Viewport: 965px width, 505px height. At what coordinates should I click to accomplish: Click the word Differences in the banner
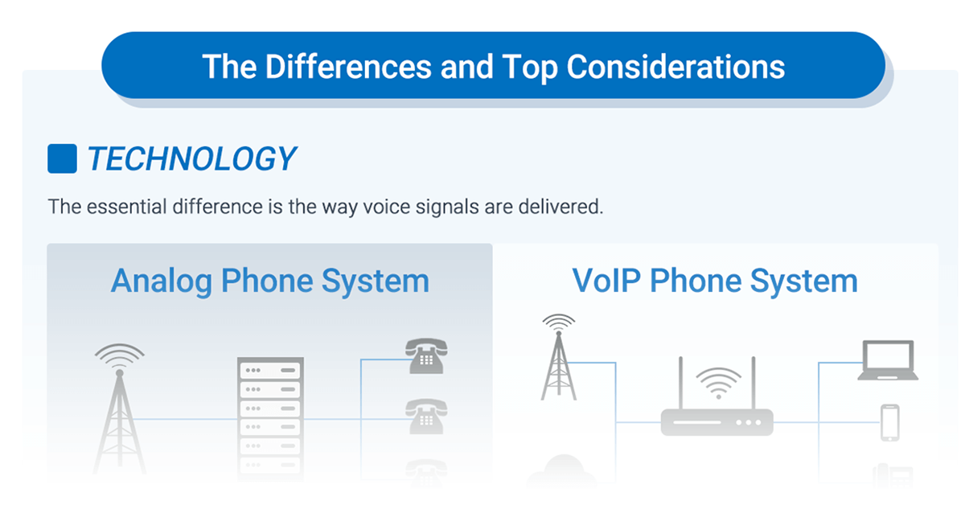tap(348, 67)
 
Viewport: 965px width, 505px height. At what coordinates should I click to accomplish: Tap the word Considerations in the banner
tap(675, 67)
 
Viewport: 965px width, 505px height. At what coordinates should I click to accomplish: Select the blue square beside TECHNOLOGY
tap(62, 158)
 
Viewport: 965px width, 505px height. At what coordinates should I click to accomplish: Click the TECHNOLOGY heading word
tap(192, 158)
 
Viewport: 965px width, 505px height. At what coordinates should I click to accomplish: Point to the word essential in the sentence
tap(126, 207)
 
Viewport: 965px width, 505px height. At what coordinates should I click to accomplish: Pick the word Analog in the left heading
tap(161, 281)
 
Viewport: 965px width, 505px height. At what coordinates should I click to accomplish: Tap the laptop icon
tap(888, 360)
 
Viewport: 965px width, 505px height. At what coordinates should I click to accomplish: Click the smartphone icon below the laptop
tap(890, 422)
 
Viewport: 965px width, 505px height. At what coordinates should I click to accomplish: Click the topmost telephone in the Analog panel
tap(426, 355)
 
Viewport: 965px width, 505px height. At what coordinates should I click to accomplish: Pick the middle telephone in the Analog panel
tap(426, 416)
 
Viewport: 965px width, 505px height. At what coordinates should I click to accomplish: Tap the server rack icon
tap(270, 418)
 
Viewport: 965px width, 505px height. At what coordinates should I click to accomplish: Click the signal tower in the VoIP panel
tap(559, 358)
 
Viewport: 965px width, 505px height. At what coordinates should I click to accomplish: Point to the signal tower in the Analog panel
tap(120, 409)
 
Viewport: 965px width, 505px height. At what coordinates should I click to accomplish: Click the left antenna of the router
tap(680, 383)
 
